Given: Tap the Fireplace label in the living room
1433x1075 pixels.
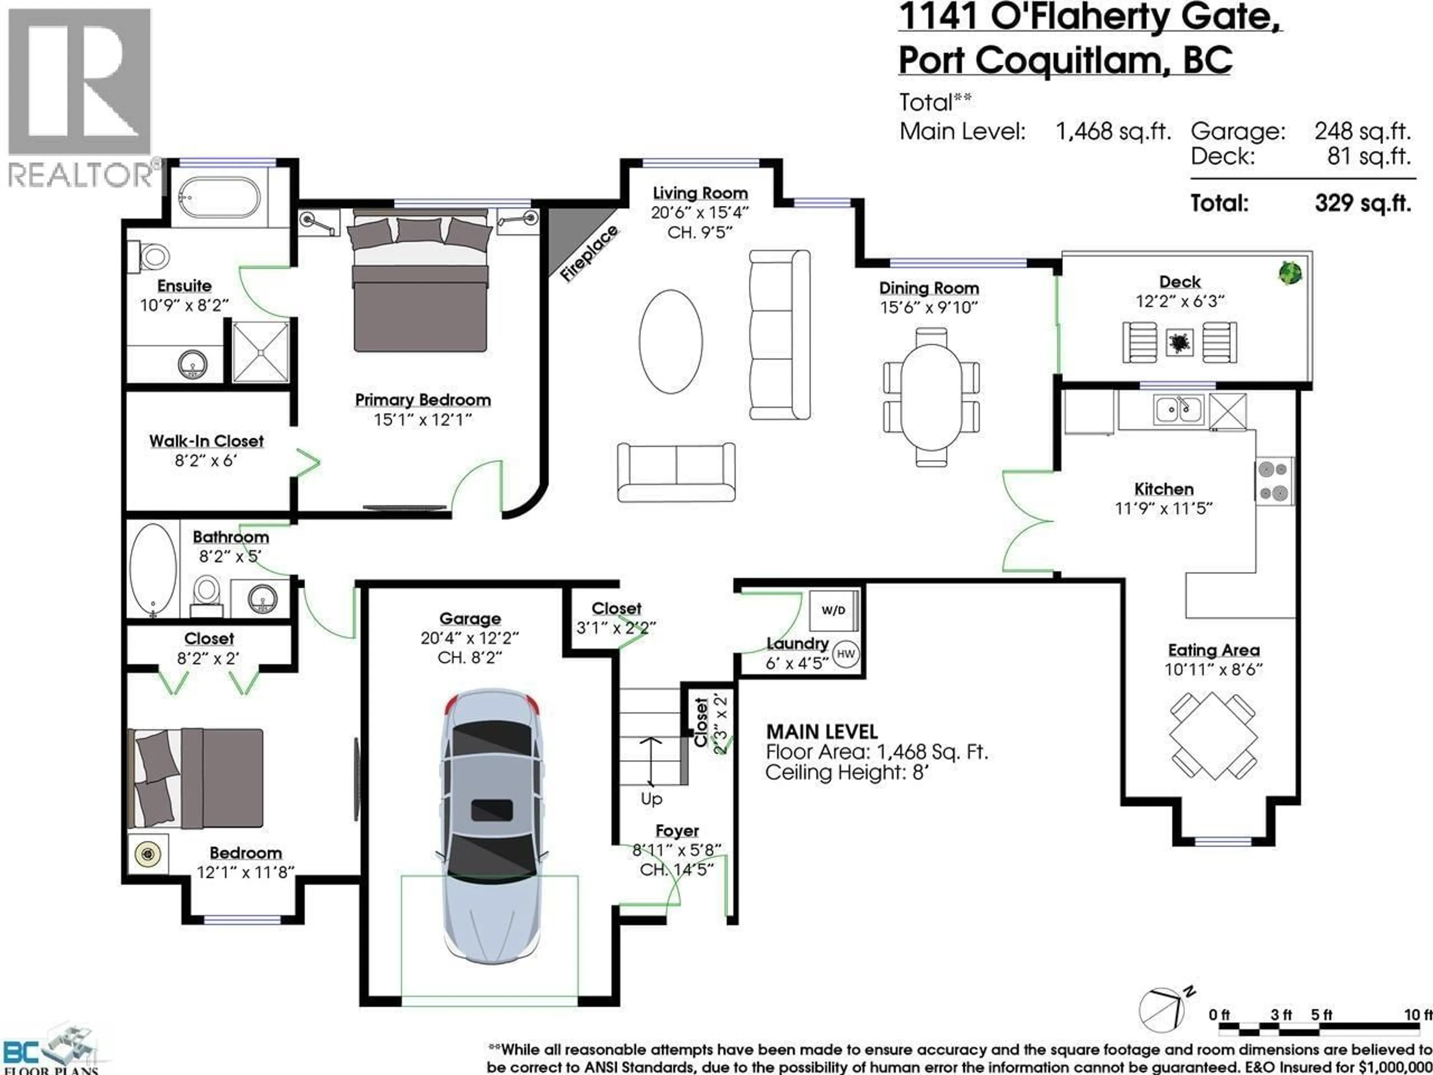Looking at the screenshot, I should pos(588,255).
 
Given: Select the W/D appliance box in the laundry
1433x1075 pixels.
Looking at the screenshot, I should pos(833,610).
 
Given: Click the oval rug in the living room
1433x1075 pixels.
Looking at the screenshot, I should pos(671,341).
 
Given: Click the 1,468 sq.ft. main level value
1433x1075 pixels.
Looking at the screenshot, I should pos(1113,131).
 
